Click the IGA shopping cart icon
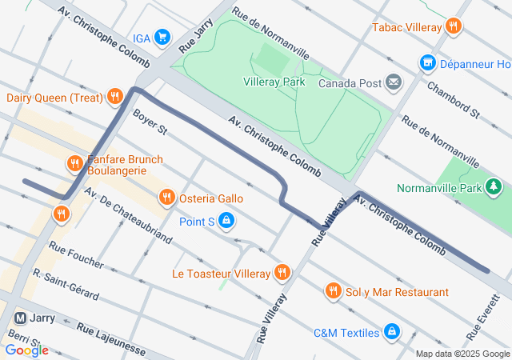(x=162, y=38)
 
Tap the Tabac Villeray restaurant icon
(x=454, y=26)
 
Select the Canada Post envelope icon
(x=394, y=82)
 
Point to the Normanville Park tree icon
(x=494, y=188)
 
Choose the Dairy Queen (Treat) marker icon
(x=115, y=98)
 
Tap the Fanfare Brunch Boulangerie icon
(x=74, y=164)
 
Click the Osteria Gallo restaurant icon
(x=166, y=197)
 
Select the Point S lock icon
(x=227, y=220)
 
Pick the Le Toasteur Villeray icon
(x=282, y=274)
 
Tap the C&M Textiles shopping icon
(x=391, y=331)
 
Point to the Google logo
(x=26, y=350)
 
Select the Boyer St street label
(x=150, y=122)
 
